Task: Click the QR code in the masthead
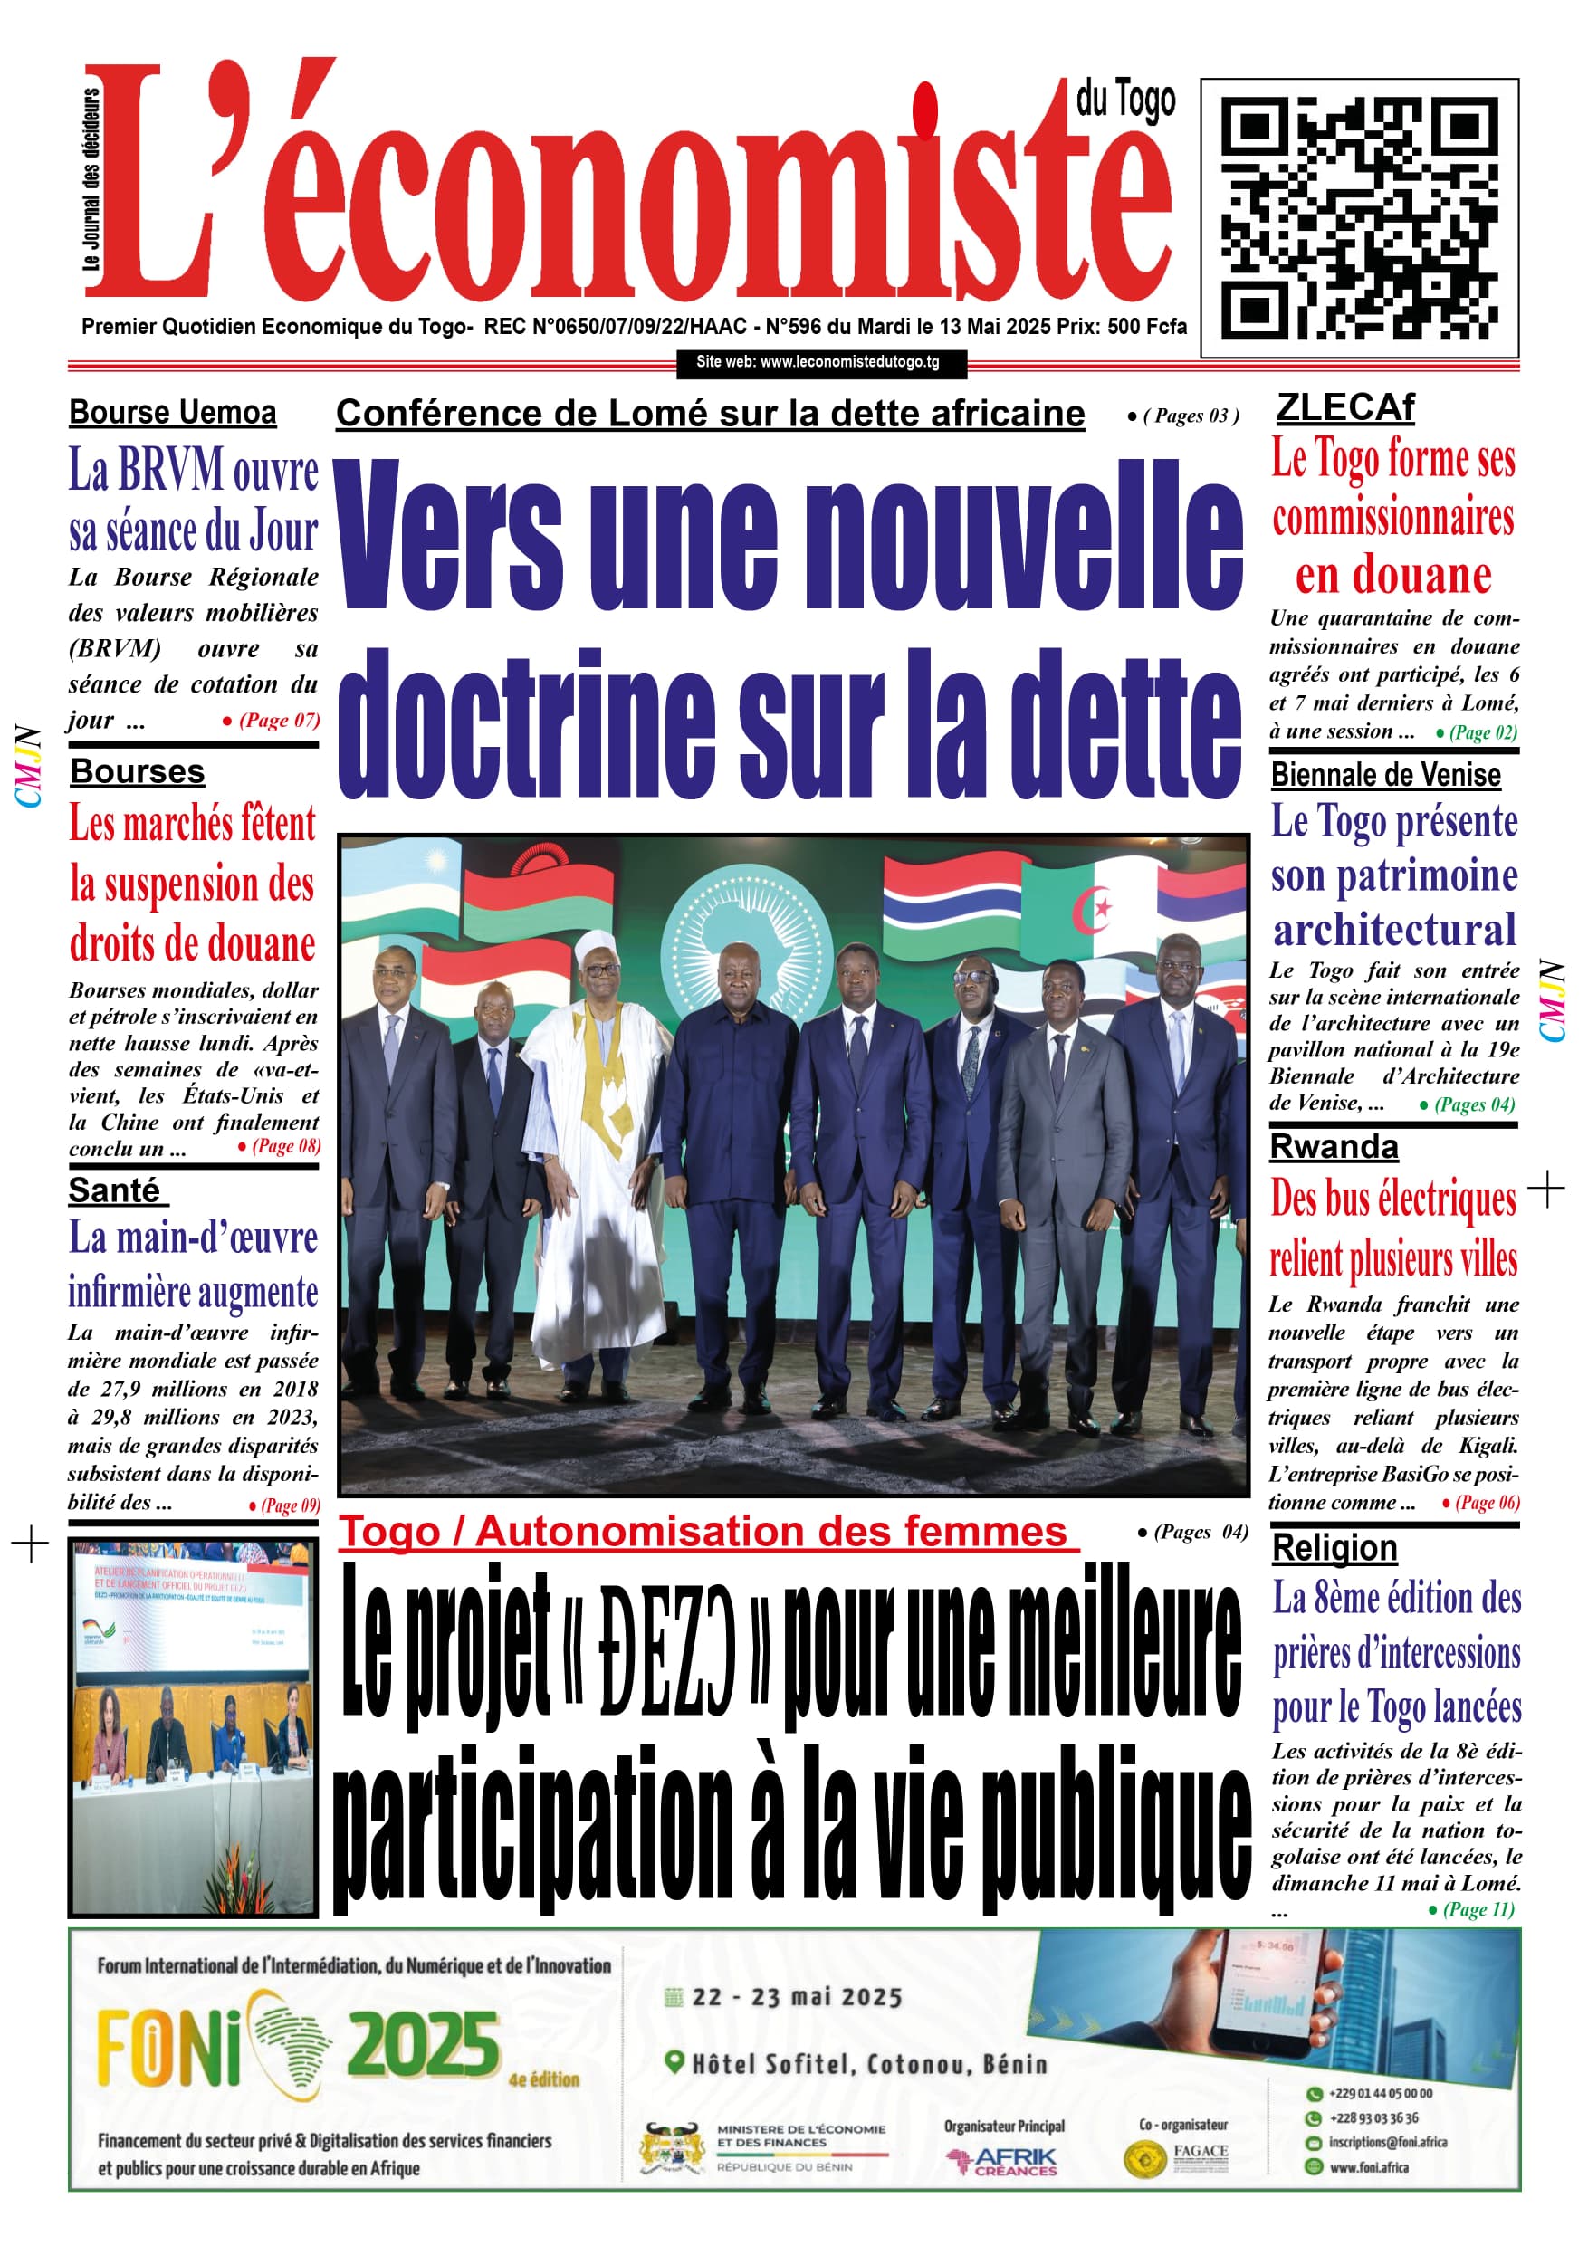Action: (1359, 217)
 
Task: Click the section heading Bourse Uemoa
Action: (172, 413)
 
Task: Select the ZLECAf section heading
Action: (1345, 407)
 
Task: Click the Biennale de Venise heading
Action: (1385, 775)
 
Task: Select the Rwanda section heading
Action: (1334, 1146)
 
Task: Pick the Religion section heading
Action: (1334, 1547)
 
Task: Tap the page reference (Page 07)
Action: (277, 721)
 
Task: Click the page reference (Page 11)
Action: (1477, 1908)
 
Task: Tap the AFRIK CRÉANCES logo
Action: (1005, 2161)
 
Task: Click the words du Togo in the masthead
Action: (1125, 100)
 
